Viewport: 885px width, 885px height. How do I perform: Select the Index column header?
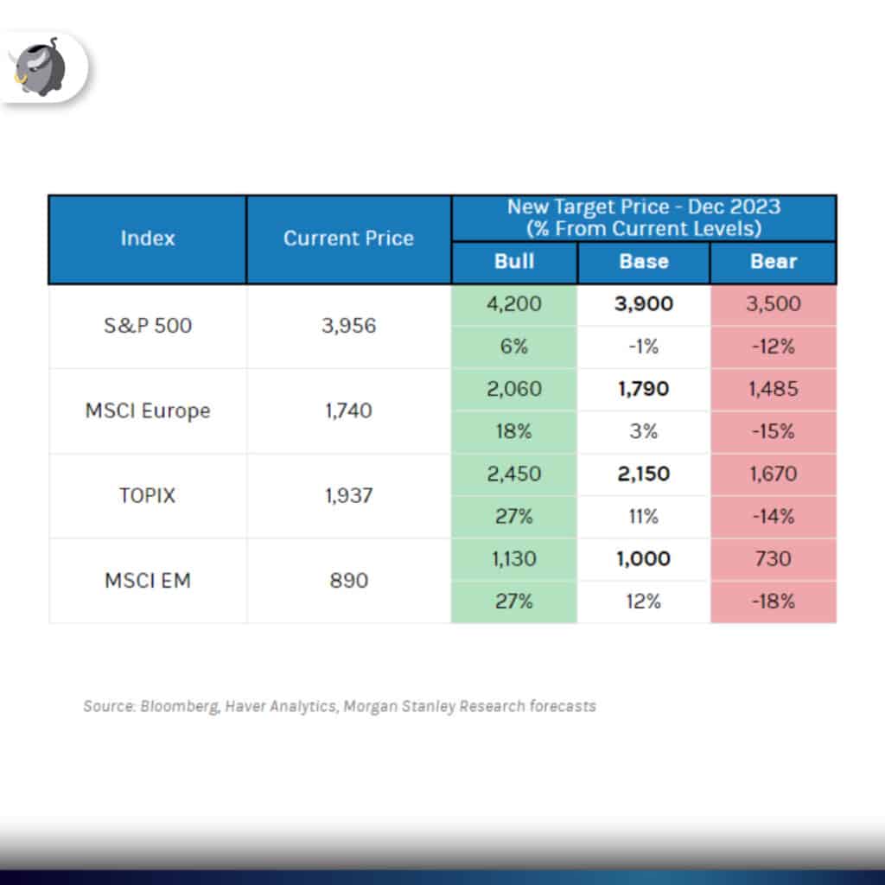(x=147, y=238)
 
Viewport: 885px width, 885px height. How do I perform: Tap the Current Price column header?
(x=348, y=239)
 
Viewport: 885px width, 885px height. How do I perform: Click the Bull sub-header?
(x=513, y=262)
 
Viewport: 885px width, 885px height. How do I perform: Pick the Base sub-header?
(x=644, y=262)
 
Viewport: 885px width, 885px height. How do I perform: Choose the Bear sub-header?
(x=774, y=262)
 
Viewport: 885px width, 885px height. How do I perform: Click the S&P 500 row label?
(x=147, y=326)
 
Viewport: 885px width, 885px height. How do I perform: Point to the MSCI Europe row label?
(x=147, y=411)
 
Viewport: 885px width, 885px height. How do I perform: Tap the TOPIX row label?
(x=147, y=495)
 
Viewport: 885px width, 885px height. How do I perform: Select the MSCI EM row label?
(x=147, y=580)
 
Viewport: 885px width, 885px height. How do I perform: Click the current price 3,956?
(x=348, y=326)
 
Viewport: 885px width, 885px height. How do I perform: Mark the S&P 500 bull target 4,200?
(x=513, y=304)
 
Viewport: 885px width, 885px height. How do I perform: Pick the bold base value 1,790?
(x=644, y=389)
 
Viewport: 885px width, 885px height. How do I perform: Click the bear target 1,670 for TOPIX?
(x=774, y=474)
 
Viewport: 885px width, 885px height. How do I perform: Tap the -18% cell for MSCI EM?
(x=774, y=602)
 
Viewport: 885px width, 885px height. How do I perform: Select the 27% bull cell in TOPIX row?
(x=513, y=517)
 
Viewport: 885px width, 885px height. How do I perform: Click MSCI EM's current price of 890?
(x=348, y=580)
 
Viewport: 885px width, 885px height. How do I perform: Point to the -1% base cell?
(x=644, y=347)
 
